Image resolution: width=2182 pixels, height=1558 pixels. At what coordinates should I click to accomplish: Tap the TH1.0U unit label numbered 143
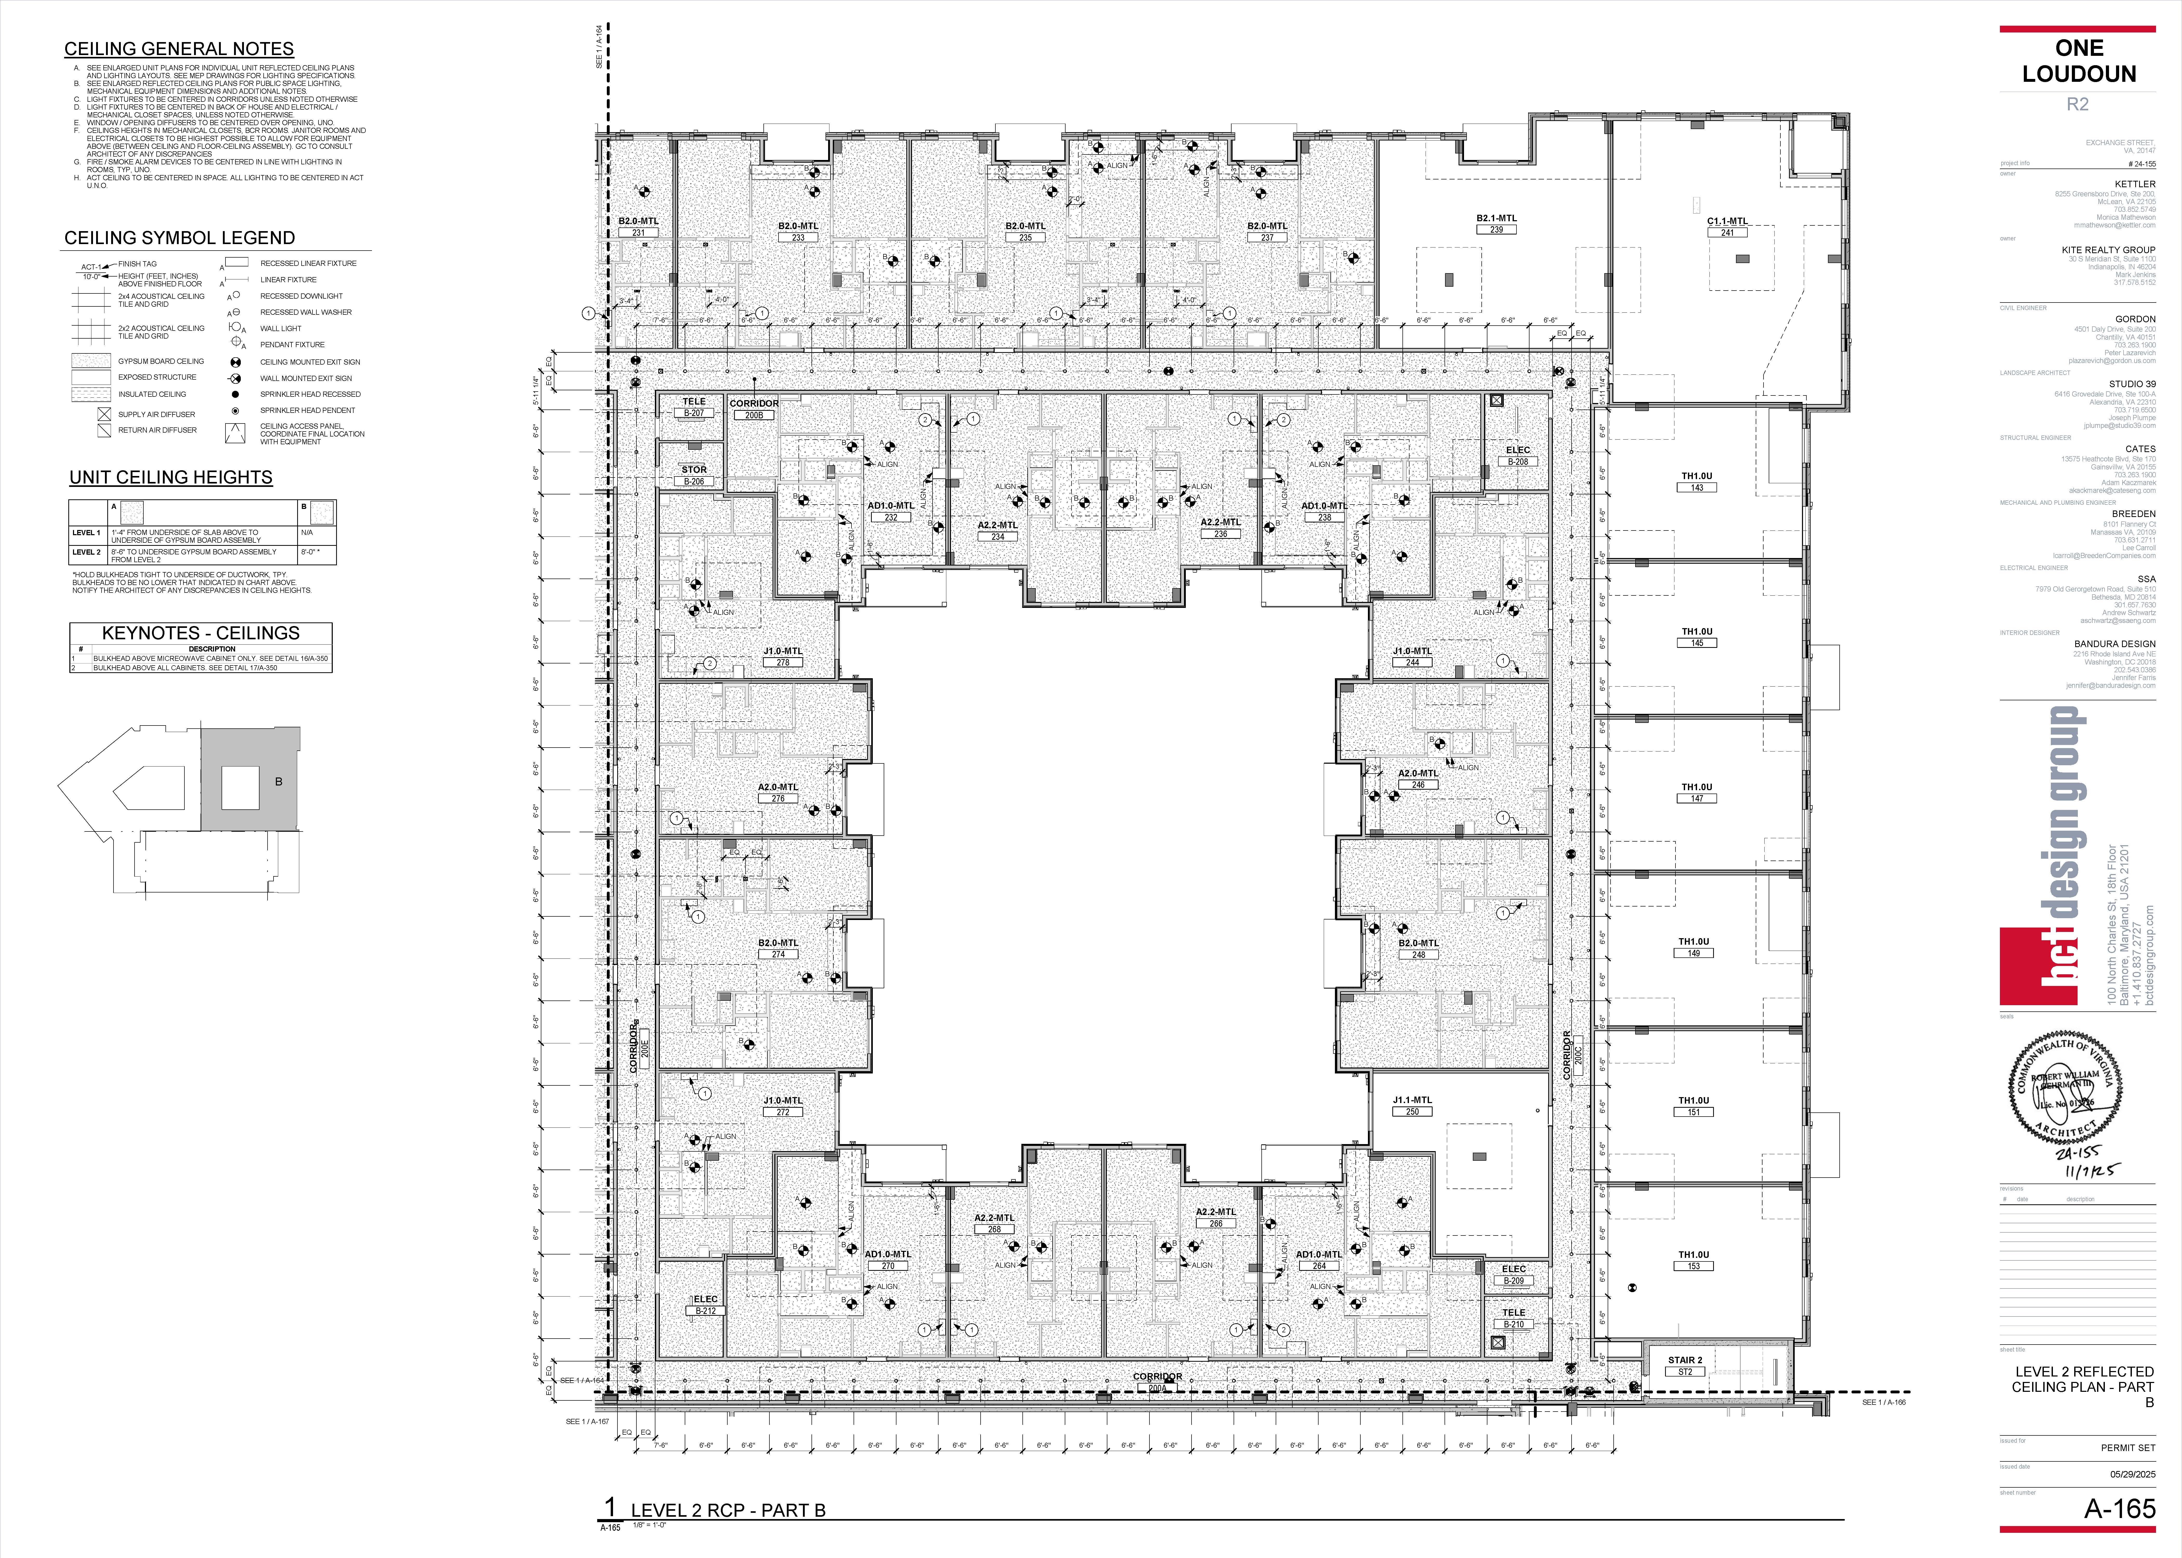coord(1697,476)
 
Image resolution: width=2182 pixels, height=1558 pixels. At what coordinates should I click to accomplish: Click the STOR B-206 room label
coord(694,470)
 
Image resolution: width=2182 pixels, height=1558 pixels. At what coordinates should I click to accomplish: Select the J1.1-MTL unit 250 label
coord(1412,1100)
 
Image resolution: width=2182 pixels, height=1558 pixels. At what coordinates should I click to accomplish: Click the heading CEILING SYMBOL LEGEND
coord(179,238)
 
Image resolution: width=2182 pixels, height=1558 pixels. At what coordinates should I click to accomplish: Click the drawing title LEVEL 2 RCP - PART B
coord(727,1510)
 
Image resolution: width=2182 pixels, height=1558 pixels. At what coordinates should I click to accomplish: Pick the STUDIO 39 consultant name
coord(2132,384)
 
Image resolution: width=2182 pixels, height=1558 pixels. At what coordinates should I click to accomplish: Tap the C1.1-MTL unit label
coord(1727,221)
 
